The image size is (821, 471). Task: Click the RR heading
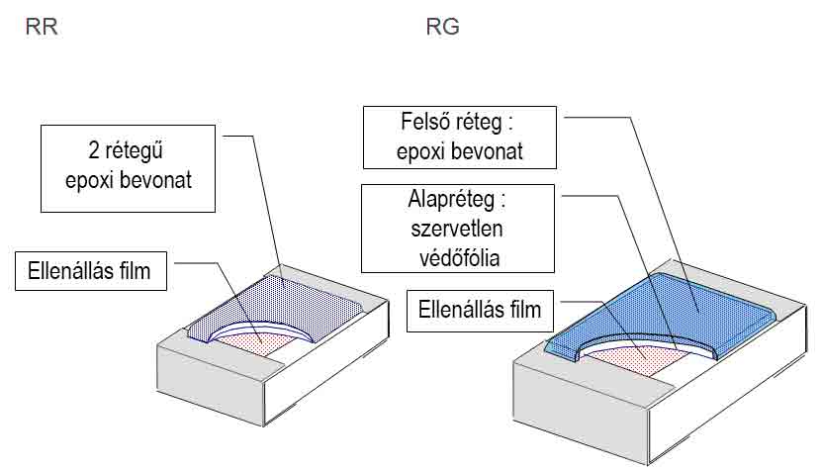click(42, 27)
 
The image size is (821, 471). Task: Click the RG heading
click(443, 27)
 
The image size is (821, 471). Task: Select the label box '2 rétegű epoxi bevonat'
click(129, 168)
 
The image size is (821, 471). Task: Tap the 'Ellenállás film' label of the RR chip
click(91, 271)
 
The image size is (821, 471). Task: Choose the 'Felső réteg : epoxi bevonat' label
click(460, 138)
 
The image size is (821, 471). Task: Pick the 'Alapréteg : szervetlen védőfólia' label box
click(458, 229)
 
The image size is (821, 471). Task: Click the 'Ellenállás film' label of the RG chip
click(480, 310)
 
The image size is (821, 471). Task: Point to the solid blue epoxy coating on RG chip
click(681, 309)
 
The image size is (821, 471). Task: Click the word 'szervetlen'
click(457, 229)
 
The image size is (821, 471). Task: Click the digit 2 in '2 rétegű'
click(94, 150)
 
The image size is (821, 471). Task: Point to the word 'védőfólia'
click(459, 258)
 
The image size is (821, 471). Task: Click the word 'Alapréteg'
click(451, 201)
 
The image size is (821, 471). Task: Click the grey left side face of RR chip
click(211, 386)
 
